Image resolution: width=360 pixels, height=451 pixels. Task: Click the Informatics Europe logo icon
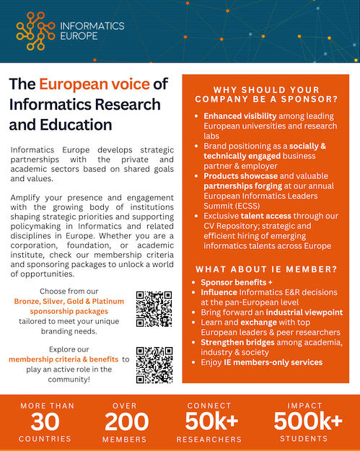(x=35, y=28)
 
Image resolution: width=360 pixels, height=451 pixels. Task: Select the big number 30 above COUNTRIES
(x=47, y=421)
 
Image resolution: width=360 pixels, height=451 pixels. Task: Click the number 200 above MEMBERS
(x=127, y=421)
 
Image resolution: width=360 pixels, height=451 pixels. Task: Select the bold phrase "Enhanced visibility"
(x=242, y=116)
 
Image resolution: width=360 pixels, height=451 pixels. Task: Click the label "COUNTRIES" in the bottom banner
(x=47, y=438)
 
